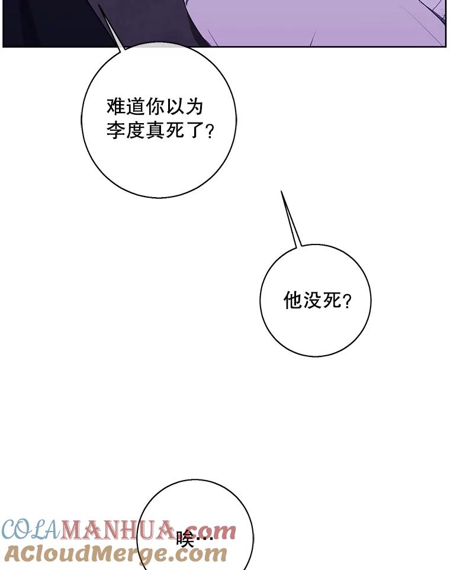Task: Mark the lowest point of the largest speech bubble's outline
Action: pos(159,198)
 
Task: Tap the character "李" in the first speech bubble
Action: pos(116,130)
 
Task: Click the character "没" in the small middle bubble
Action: pos(311,301)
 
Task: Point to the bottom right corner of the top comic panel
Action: pos(446,46)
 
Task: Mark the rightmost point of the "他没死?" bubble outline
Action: pos(371,300)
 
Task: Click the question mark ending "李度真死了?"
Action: pos(210,131)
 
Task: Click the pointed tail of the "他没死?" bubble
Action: pos(281,191)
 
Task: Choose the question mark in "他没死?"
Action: pos(347,301)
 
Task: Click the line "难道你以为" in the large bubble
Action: pos(155,107)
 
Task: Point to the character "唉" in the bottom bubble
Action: pos(185,539)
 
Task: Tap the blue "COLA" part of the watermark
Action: pos(31,530)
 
